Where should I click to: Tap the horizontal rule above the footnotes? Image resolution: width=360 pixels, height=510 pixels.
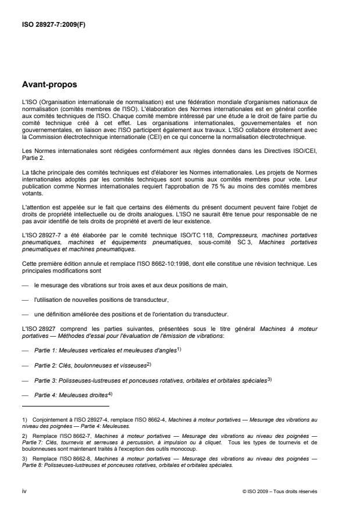click(65, 406)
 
